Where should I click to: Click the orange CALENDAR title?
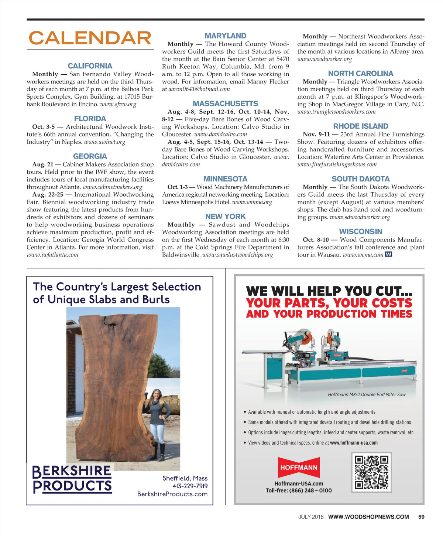point(90,38)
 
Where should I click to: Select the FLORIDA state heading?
point(90,119)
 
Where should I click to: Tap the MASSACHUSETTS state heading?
point(225,104)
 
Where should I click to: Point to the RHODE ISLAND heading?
point(361,126)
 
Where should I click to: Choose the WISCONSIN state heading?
point(361,231)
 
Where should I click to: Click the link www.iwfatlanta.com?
point(52,255)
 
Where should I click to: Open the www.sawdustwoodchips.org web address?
point(238,255)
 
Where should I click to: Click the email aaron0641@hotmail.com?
point(199,89)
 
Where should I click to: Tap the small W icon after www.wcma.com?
point(388,254)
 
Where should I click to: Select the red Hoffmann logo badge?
point(299,468)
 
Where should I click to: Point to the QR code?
point(371,472)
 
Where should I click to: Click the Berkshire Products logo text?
point(72,479)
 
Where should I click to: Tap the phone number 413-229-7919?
point(190,486)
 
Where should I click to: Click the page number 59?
point(421,517)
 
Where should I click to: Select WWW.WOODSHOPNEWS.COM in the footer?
point(368,517)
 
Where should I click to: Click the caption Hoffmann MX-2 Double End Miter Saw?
point(367,394)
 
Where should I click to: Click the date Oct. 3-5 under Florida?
point(43,127)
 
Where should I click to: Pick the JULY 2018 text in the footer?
point(311,517)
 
